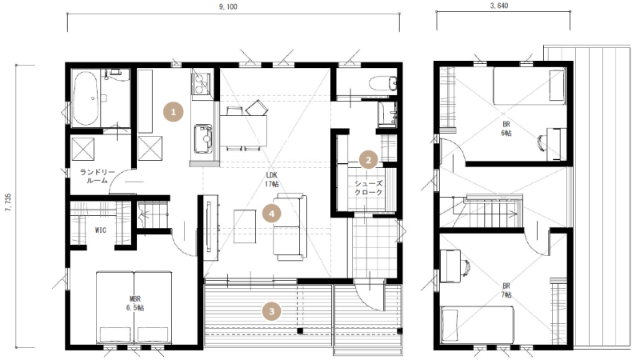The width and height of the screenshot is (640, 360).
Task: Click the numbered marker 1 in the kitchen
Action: [x=173, y=112]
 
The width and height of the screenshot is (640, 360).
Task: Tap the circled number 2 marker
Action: [x=368, y=160]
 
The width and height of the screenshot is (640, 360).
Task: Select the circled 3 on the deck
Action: [x=271, y=312]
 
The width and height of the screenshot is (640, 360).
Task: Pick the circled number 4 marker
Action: [x=271, y=213]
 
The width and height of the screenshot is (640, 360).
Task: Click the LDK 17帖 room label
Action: [x=271, y=179]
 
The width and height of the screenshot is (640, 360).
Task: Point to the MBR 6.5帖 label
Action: [x=135, y=304]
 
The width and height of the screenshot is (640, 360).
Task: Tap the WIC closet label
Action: [x=101, y=230]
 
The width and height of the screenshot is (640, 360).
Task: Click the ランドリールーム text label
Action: [x=97, y=176]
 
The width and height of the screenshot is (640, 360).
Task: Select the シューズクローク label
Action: [x=369, y=188]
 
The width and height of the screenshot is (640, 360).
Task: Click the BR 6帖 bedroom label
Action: [x=506, y=129]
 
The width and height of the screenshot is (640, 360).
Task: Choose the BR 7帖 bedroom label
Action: [x=506, y=290]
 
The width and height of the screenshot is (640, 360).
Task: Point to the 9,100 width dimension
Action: [x=228, y=6]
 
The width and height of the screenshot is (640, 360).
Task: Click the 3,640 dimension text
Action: [x=498, y=6]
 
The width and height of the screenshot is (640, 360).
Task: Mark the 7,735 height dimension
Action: [x=8, y=203]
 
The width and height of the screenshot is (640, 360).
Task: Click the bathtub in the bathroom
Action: [x=85, y=98]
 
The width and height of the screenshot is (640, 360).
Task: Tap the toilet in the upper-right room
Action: [x=383, y=84]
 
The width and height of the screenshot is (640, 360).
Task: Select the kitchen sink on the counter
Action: [x=203, y=138]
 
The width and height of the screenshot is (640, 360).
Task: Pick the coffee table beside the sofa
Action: [x=245, y=226]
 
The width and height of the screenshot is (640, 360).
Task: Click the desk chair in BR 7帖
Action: [x=466, y=267]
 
